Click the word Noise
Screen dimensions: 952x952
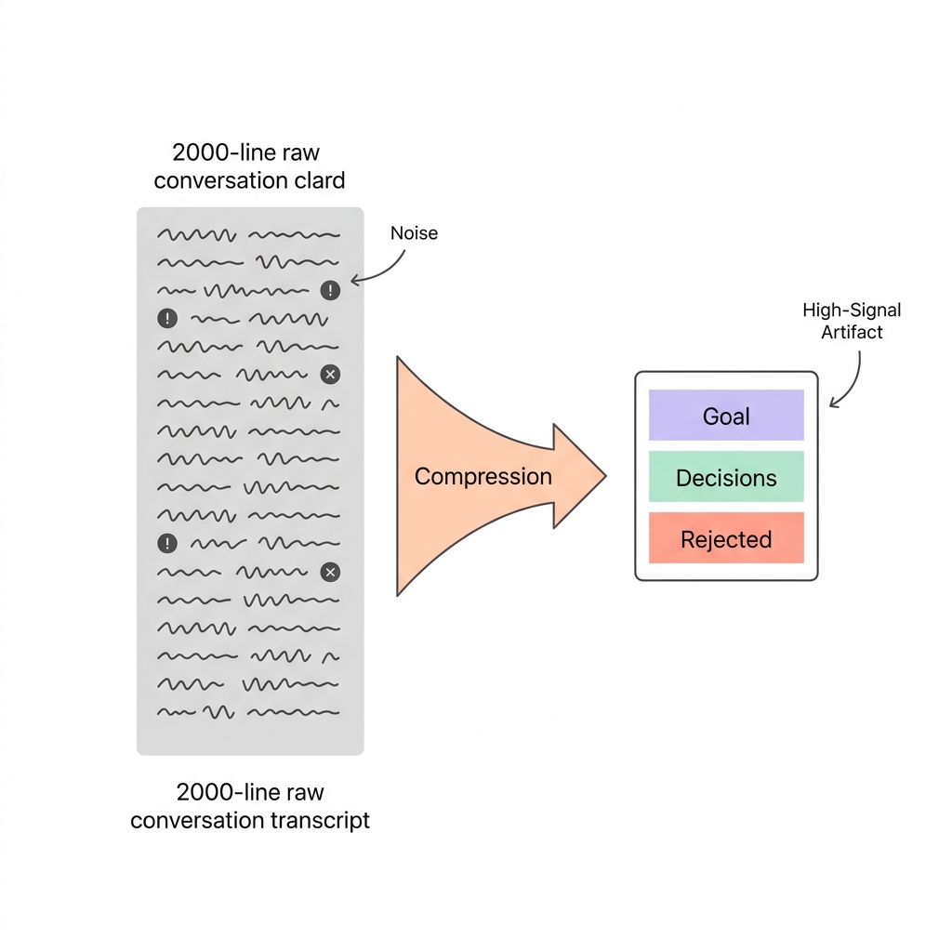pyautogui.click(x=414, y=233)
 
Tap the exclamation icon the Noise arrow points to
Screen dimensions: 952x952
pyautogui.click(x=330, y=291)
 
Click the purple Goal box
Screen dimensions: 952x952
pyautogui.click(x=725, y=415)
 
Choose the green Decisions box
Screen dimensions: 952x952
pyautogui.click(x=725, y=477)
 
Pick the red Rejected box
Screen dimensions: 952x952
pyautogui.click(x=725, y=538)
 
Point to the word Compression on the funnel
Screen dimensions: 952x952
pyautogui.click(x=483, y=477)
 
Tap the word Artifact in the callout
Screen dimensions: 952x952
pyautogui.click(x=852, y=332)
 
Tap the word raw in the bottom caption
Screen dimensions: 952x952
pyautogui.click(x=306, y=793)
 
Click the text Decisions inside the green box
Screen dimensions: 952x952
pyautogui.click(x=725, y=478)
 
